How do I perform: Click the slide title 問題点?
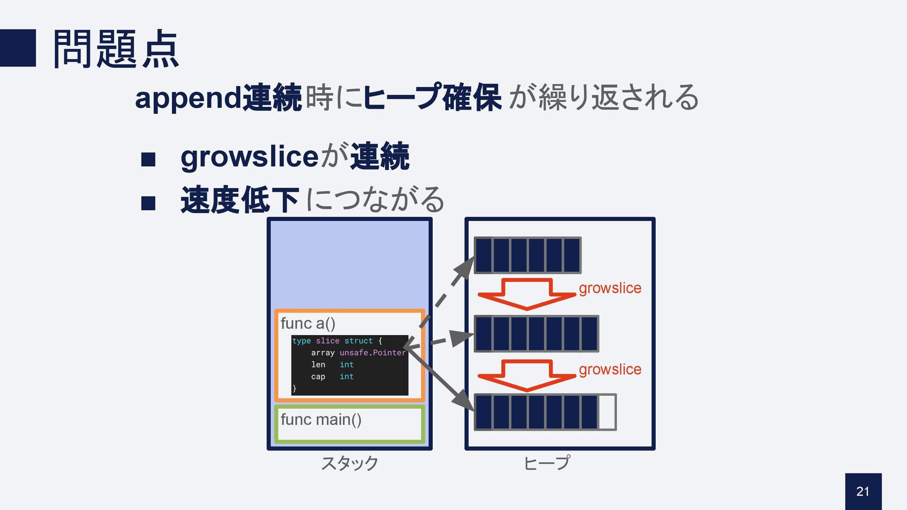116,49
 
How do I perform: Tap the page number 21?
863,491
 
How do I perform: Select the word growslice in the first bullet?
249,156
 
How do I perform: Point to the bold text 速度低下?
240,200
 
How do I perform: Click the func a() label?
308,323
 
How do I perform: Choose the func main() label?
321,419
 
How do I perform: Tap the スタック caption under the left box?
350,463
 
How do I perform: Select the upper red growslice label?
610,288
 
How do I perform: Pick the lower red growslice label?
610,369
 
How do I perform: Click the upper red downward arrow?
527,294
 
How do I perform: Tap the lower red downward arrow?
527,375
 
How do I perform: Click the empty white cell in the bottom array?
607,412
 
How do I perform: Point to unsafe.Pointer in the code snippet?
372,353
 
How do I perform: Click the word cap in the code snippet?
318,377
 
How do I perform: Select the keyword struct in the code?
358,341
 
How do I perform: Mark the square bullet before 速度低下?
148,203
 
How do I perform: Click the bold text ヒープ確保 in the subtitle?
432,98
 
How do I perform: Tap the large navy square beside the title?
18,48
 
